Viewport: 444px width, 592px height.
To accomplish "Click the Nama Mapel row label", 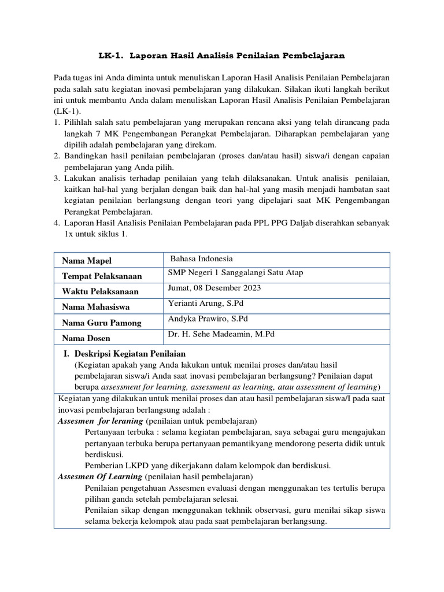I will point(87,261).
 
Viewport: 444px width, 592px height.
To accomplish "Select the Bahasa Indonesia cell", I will point(201,259).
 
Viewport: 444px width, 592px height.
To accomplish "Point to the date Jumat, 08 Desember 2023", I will point(214,288).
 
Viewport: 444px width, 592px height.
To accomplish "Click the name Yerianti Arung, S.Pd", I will point(204,304).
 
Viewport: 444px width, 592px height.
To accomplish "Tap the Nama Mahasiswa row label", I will point(95,308).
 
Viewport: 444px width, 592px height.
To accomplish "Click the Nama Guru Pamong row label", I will point(101,323).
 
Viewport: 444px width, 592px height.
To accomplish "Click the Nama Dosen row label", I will point(86,338).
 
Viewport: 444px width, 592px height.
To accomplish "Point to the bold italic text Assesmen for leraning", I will point(101,421).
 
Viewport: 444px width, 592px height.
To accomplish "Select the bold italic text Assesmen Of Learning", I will point(100,477).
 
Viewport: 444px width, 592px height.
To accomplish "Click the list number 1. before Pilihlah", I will point(57,123).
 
